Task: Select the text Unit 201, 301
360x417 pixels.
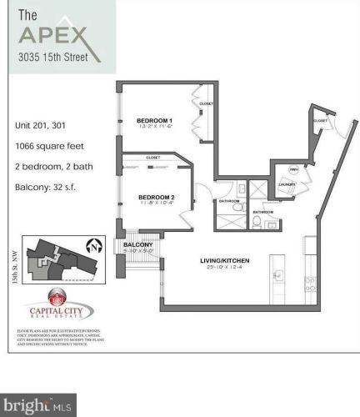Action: point(39,125)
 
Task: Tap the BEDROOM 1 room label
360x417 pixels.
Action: point(154,120)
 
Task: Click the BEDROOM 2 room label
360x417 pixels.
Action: point(156,197)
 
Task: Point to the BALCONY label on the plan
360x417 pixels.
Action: point(137,244)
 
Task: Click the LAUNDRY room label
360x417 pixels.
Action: point(288,185)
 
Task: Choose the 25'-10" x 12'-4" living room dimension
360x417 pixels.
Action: point(225,268)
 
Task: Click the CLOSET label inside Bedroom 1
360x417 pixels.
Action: point(206,103)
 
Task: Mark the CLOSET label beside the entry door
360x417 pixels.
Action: point(320,121)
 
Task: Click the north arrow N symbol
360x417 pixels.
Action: point(97,247)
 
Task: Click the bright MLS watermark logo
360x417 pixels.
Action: point(38,406)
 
